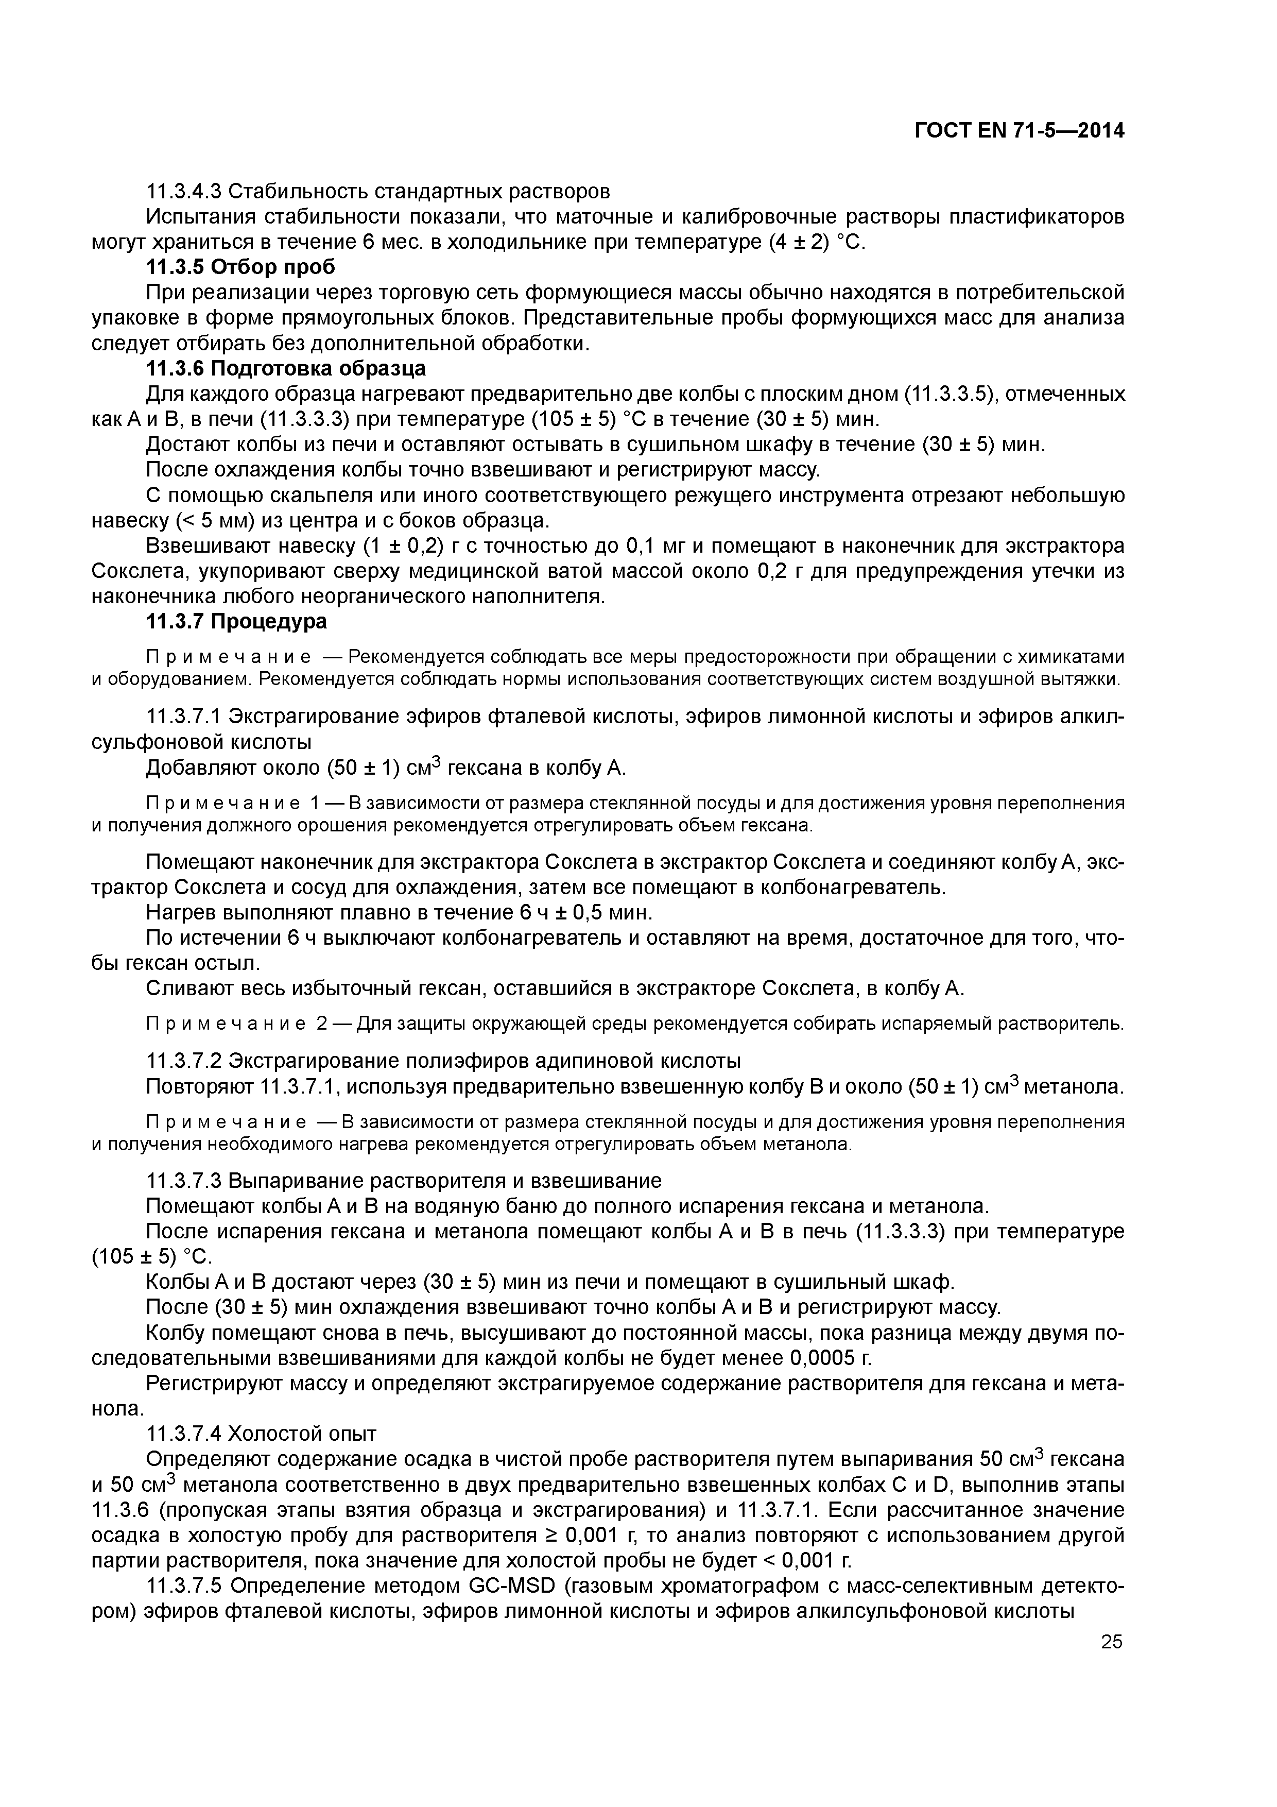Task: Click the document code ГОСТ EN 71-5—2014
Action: pos(1019,131)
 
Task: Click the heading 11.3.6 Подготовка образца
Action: pos(286,368)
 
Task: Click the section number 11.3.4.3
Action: pos(184,191)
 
